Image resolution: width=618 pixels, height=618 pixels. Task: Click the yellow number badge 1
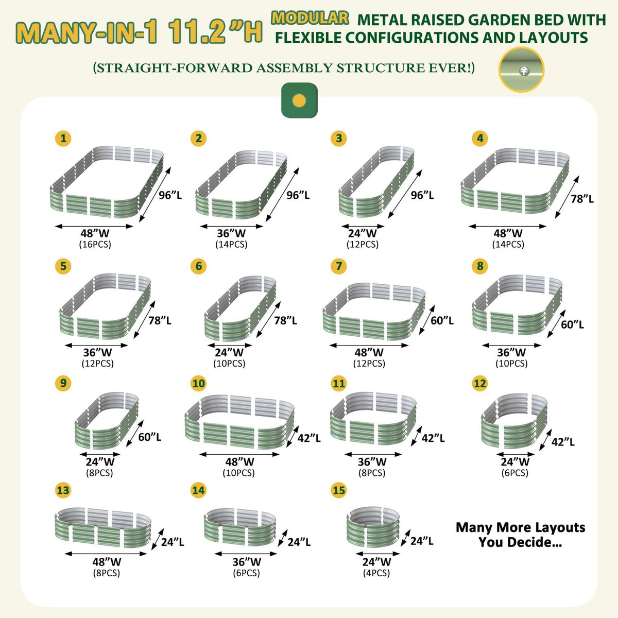pyautogui.click(x=63, y=139)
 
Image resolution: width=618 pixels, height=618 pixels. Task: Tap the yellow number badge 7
pyautogui.click(x=339, y=266)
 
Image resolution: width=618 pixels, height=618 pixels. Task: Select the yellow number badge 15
pyautogui.click(x=339, y=490)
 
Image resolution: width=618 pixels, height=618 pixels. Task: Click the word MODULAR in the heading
pyautogui.click(x=310, y=18)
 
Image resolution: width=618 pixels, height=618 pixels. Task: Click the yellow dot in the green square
pyautogui.click(x=299, y=101)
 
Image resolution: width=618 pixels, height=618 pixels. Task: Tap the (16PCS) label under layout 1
pyautogui.click(x=95, y=245)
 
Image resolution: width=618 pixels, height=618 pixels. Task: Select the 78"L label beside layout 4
pyautogui.click(x=582, y=199)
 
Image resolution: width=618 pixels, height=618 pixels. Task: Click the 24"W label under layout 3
pyautogui.click(x=363, y=233)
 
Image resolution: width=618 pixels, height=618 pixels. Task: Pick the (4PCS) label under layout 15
pyautogui.click(x=376, y=573)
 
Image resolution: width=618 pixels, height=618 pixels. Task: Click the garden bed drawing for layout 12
pyautogui.click(x=514, y=421)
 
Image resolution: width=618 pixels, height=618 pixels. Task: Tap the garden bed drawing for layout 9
pyautogui.click(x=107, y=420)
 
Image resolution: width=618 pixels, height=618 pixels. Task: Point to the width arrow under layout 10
pyautogui.click(x=239, y=454)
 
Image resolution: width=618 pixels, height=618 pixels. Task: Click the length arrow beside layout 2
pyautogui.click(x=282, y=194)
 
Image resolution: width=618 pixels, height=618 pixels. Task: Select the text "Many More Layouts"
pyautogui.click(x=520, y=527)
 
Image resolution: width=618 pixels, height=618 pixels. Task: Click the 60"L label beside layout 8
pyautogui.click(x=573, y=324)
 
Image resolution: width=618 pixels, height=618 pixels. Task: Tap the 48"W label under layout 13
pyautogui.click(x=107, y=562)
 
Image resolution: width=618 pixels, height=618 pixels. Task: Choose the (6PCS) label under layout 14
pyautogui.click(x=246, y=573)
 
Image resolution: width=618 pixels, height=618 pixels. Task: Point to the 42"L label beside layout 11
pyautogui.click(x=433, y=438)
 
